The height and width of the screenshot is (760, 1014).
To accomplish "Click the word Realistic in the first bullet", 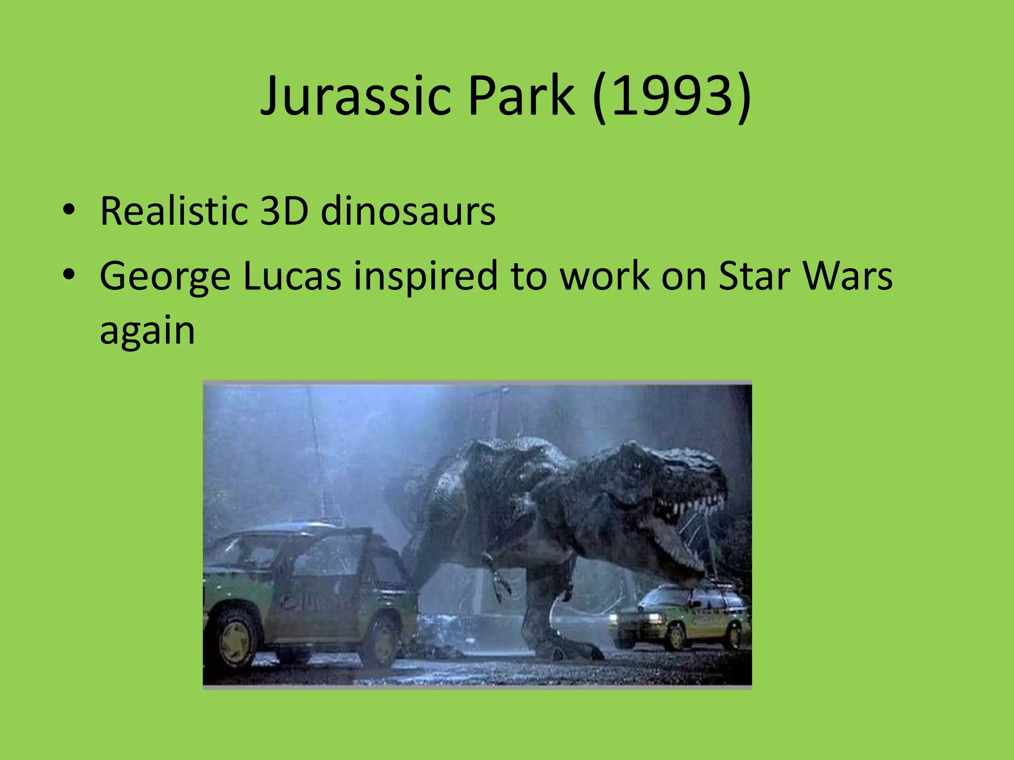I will pos(173,211).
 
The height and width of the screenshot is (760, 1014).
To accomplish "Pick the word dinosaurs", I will pos(408,211).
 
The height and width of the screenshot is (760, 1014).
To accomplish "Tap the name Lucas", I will pos(292,276).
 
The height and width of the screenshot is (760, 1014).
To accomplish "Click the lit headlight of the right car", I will pos(651,618).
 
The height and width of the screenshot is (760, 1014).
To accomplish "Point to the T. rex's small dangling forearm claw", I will pos(500,584).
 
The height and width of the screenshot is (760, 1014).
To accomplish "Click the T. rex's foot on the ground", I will pos(569,648).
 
